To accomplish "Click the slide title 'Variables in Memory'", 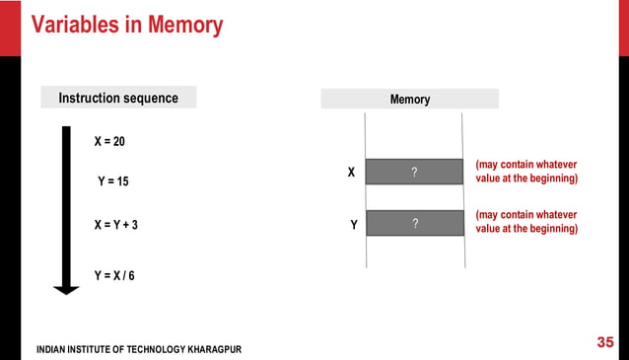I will click(127, 24).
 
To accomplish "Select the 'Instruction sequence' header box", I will click(118, 98).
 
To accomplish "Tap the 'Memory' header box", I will click(410, 99).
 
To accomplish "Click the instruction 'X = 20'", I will click(109, 142).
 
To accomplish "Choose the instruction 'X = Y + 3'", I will click(116, 225).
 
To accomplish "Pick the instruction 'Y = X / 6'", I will click(114, 275).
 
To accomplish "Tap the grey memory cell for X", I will click(414, 172).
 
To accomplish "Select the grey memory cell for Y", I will click(414, 223).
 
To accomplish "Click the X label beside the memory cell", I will click(350, 173).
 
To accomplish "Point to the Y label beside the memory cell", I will click(353, 225).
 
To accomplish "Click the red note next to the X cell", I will click(526, 171).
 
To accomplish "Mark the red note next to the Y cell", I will click(526, 222).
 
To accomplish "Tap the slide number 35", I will click(605, 342).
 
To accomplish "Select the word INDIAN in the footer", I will click(54, 350).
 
